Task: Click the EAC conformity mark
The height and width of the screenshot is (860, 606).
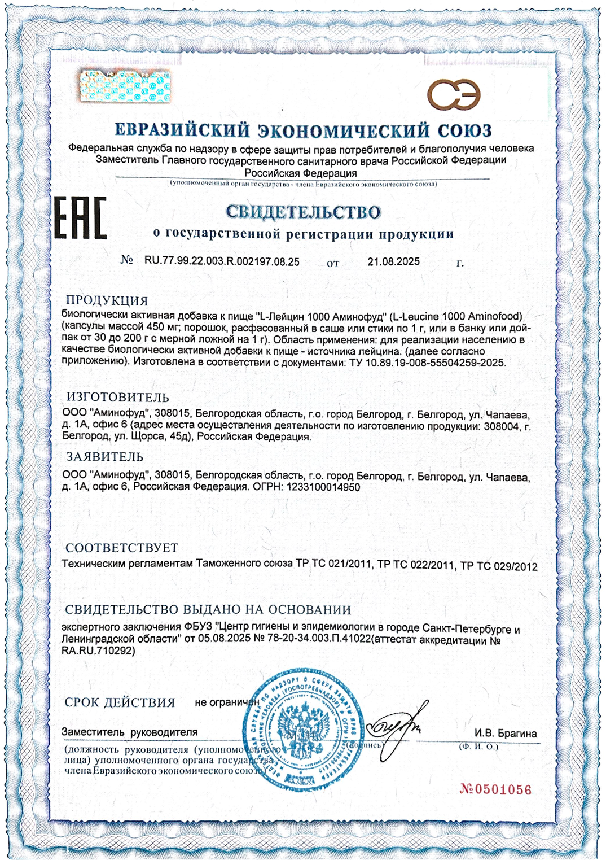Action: tap(80, 217)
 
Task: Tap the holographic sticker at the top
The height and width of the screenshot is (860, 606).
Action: tap(125, 86)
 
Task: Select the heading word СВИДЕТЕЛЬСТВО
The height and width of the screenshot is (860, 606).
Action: tap(303, 212)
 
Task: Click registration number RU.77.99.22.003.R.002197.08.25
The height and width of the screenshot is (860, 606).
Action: tap(222, 262)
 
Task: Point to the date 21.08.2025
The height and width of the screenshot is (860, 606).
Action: tap(393, 262)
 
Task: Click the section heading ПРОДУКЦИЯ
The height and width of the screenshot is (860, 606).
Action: tap(107, 300)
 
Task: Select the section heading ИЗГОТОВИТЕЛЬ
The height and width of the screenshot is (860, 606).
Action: tap(117, 397)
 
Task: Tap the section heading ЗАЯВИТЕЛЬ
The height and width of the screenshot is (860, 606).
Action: tap(105, 456)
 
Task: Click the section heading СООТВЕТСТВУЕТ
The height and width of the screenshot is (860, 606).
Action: tap(122, 548)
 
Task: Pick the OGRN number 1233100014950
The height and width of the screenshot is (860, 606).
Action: tap(323, 487)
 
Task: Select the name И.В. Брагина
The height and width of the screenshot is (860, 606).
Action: tap(505, 734)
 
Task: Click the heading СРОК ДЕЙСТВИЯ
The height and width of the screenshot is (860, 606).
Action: tap(120, 702)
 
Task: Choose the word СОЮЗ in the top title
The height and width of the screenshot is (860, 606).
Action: tap(465, 130)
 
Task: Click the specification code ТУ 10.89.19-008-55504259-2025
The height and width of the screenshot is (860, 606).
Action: tap(425, 363)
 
